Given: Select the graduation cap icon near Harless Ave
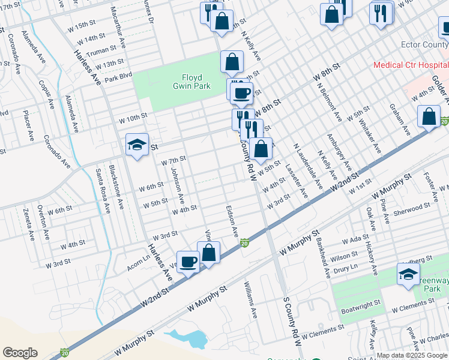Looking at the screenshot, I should point(137,145).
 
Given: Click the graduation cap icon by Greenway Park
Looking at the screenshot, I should point(408,274).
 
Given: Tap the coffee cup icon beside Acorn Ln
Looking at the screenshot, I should point(188,262).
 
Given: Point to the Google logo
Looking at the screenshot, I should point(20,353).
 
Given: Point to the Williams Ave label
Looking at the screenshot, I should point(250,301).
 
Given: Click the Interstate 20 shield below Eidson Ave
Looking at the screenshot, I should point(244,243).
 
